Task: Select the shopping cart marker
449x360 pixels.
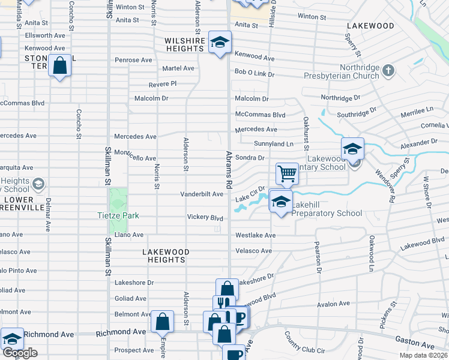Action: [288, 174]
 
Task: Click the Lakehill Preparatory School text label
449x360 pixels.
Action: [327, 213]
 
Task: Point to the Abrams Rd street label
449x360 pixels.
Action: [229, 170]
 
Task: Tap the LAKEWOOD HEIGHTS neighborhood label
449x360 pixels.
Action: [166, 256]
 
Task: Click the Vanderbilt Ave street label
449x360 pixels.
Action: [202, 194]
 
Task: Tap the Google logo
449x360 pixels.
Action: [20, 352]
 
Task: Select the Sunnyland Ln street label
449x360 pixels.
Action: [274, 144]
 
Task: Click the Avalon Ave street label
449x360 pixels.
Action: [333, 304]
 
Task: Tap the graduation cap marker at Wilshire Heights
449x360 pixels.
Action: [220, 43]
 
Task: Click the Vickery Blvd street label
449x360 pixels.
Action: [205, 217]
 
